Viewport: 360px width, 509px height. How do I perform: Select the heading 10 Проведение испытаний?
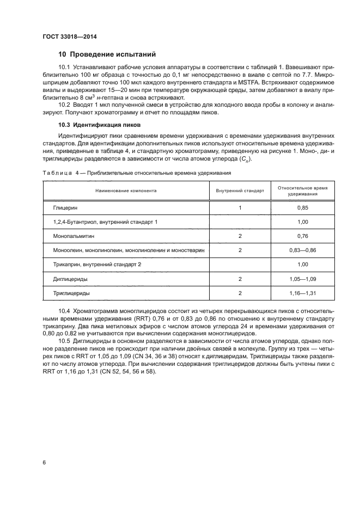107,54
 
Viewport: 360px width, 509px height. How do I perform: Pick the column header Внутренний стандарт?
240,191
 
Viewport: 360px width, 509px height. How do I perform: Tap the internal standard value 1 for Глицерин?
240,208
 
